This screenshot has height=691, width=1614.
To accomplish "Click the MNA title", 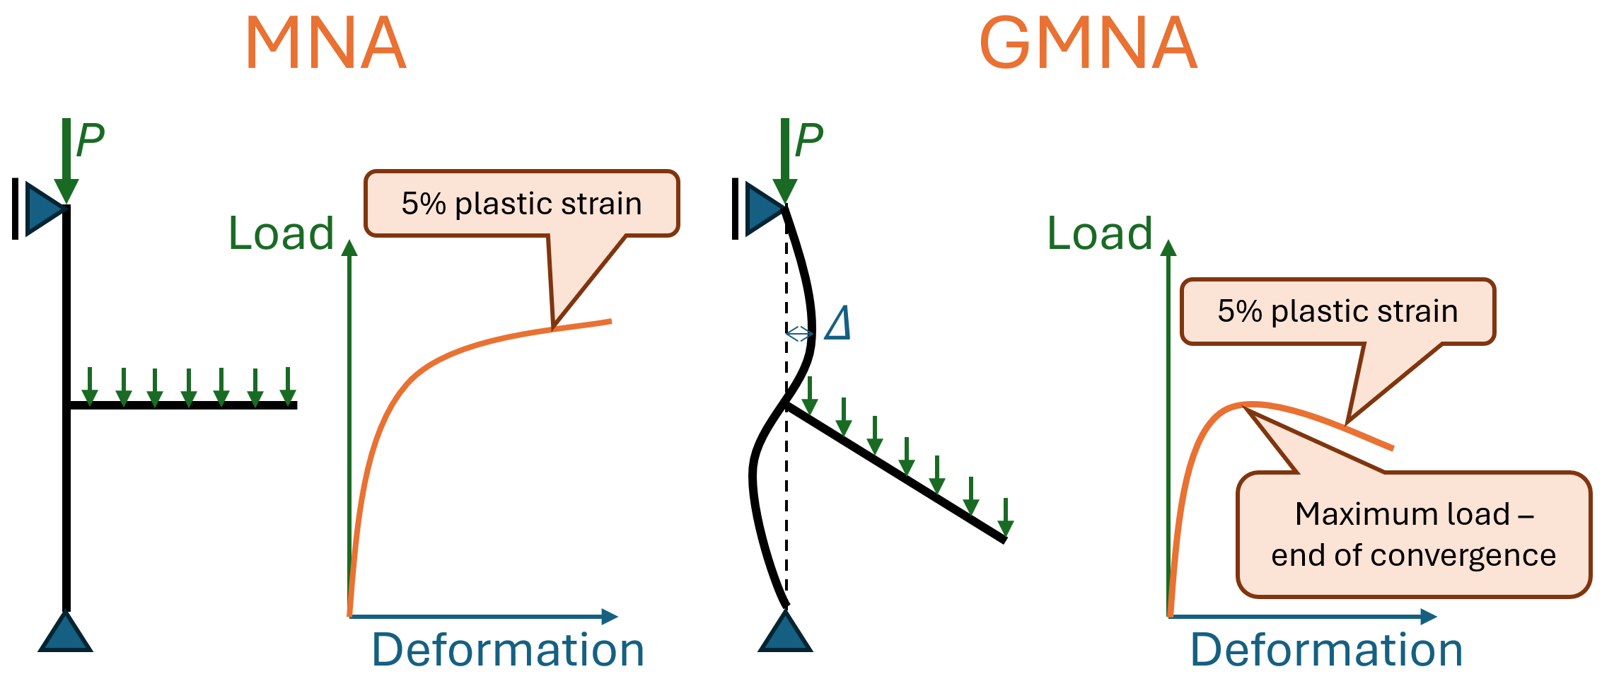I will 326,44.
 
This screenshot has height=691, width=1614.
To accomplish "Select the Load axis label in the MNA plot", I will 281,233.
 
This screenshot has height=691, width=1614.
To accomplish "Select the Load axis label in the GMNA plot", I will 1099,233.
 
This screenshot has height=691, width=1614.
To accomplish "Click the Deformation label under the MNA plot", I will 508,649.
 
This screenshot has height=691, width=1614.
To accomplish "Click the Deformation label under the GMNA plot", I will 1326,649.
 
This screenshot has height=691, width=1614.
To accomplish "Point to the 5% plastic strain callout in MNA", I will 521,204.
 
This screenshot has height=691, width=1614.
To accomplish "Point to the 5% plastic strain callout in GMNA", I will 1337,311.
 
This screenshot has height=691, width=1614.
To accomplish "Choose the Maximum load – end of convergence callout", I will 1413,535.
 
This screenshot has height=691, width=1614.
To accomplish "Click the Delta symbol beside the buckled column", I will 838,324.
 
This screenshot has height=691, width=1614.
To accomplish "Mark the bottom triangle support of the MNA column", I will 65,634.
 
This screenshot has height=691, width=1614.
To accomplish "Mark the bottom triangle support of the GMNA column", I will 785,634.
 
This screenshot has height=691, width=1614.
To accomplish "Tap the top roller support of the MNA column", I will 42,208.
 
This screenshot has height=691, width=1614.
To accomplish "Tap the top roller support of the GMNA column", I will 762,208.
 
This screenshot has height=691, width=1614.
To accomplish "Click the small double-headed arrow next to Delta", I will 800,333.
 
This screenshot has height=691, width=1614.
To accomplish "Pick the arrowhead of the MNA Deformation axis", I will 610,617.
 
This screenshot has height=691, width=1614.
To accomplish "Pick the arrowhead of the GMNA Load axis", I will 1168,248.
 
